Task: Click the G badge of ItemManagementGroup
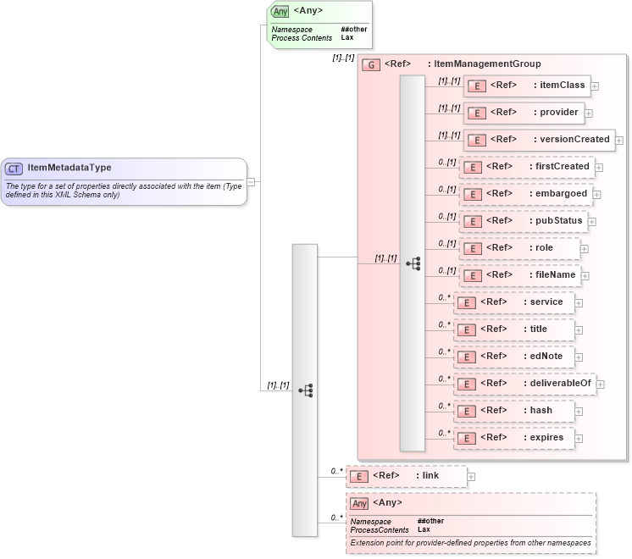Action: [370, 64]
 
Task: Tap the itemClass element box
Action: [526, 86]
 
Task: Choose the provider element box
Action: [523, 113]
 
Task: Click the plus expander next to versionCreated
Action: [619, 141]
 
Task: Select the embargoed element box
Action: [525, 194]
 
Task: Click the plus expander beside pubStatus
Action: [592, 222]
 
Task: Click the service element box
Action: [513, 302]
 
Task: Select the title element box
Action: [513, 329]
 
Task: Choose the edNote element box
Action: [513, 357]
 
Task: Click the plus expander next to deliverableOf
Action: [601, 385]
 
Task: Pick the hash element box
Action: [513, 411]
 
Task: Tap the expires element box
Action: [513, 438]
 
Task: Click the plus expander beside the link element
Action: [471, 477]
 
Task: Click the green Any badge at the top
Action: [280, 11]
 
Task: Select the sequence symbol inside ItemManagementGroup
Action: [413, 263]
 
